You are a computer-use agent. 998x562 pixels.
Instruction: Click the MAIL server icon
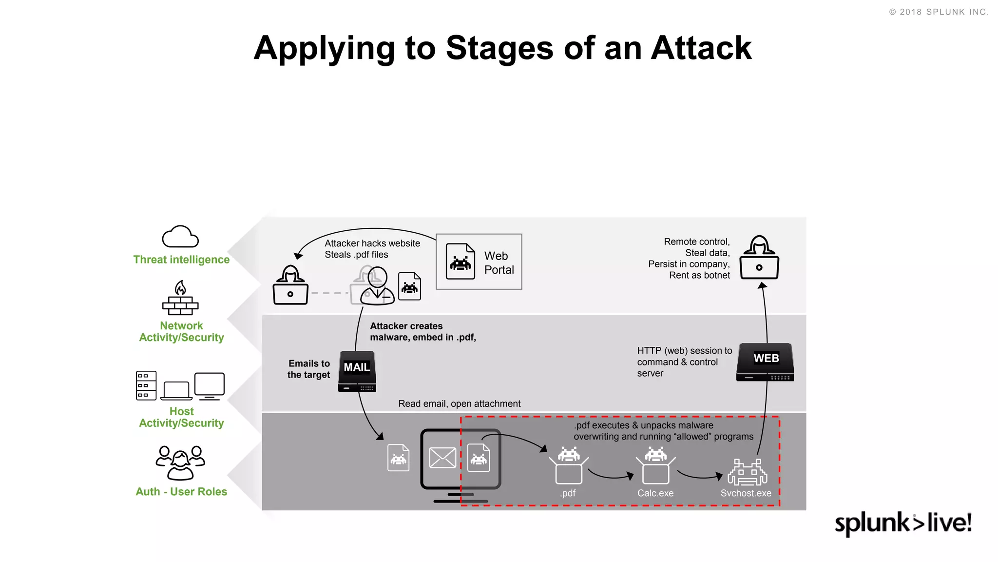click(357, 372)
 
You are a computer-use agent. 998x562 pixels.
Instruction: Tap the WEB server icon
click(765, 362)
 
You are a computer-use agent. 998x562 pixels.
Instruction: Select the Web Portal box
click(479, 261)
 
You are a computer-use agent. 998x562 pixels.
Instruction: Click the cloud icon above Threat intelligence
click(180, 237)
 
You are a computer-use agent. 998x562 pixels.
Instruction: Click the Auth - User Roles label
click(181, 492)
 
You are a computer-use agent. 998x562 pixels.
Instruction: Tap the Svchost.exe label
click(746, 493)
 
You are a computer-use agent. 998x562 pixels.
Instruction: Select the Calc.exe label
click(655, 493)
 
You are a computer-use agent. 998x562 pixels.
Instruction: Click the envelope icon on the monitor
click(442, 458)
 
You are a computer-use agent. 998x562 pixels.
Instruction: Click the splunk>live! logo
click(903, 523)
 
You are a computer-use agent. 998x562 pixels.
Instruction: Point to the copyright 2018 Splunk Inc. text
click(939, 12)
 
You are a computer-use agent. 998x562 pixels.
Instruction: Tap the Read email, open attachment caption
click(459, 404)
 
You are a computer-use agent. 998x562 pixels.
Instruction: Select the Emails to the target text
click(309, 369)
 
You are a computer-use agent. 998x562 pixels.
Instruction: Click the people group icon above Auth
click(180, 462)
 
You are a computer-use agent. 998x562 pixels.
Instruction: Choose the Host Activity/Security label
click(181, 418)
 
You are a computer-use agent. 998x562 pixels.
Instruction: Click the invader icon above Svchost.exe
click(747, 472)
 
